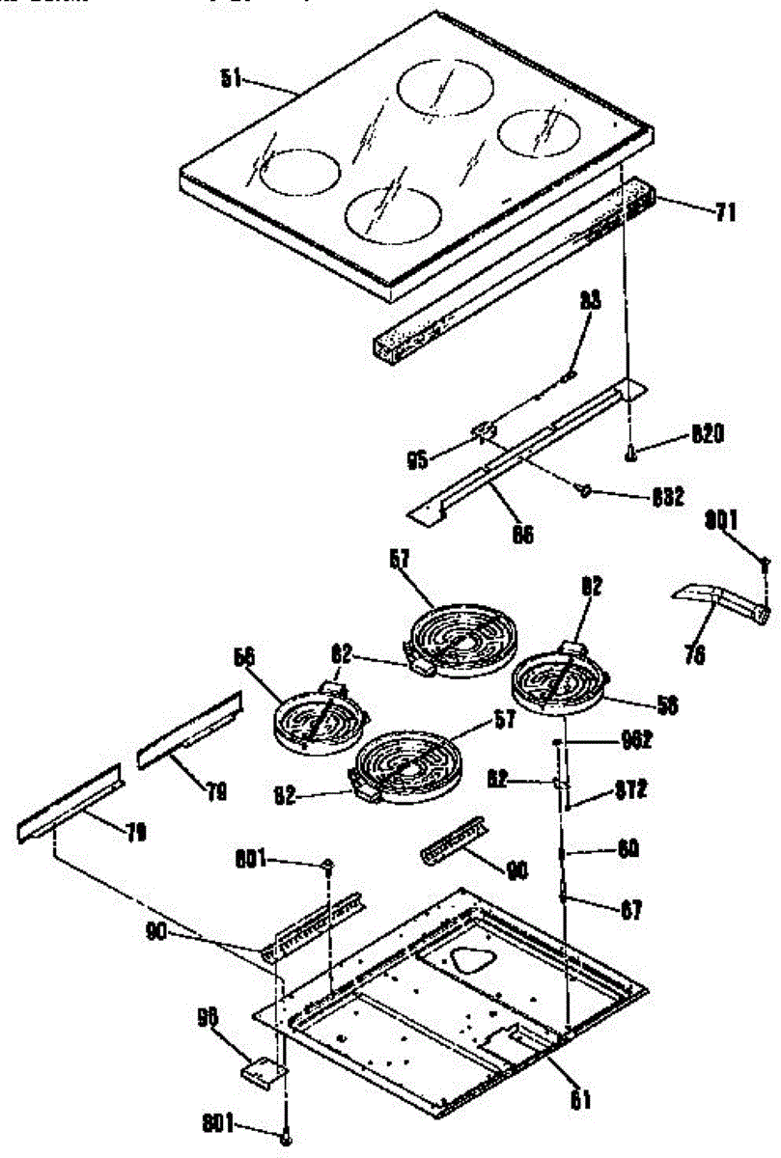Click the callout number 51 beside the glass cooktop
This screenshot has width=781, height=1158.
tap(231, 81)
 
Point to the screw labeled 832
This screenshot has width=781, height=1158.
tap(583, 491)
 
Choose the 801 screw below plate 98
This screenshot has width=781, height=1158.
tap(286, 1137)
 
